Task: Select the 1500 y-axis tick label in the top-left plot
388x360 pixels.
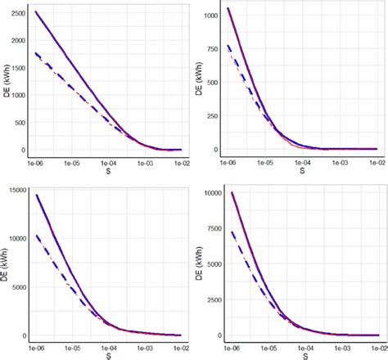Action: pyautogui.click(x=14, y=67)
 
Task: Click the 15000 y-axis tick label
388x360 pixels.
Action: pyautogui.click(x=13, y=191)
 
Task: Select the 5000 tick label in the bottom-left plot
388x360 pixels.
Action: pyautogui.click(x=16, y=287)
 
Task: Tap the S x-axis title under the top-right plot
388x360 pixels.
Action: pyautogui.click(x=301, y=173)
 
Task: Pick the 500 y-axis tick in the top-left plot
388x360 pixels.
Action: pyautogui.click(x=17, y=122)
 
